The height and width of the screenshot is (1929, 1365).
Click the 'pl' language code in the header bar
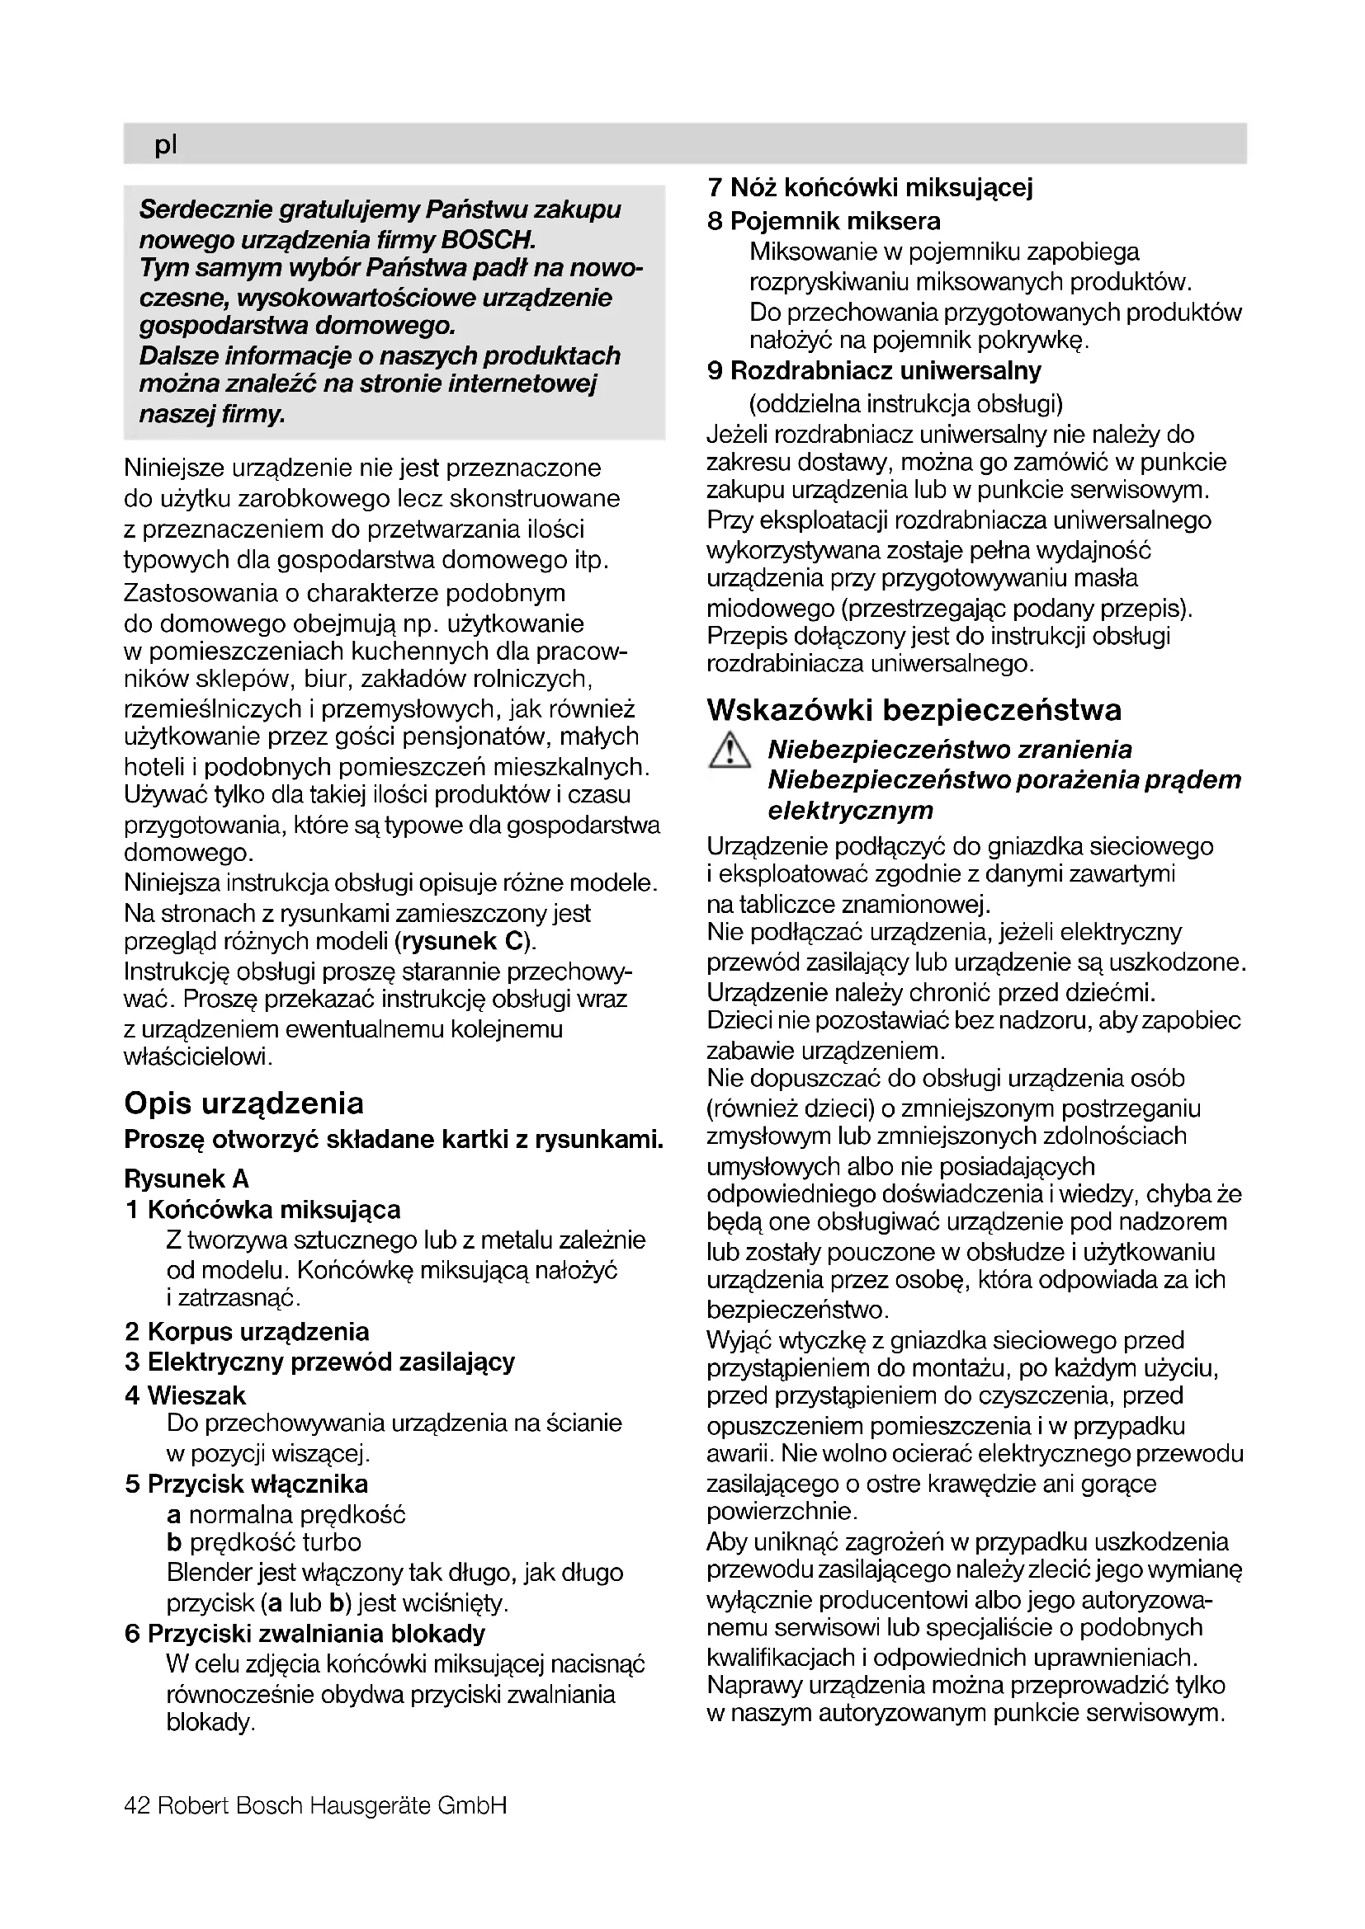pos(166,145)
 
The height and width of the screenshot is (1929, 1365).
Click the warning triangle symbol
pos(729,750)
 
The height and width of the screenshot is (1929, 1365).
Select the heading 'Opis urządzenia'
pos(243,1103)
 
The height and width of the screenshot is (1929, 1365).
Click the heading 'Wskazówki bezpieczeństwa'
pos(914,710)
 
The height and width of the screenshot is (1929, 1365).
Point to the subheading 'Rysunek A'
pos(187,1179)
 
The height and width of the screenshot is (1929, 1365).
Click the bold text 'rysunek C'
pos(463,941)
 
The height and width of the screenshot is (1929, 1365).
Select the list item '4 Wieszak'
pos(185,1395)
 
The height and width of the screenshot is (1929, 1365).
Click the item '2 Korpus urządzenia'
pos(246,1332)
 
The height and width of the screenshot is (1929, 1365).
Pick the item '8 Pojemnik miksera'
pos(824,221)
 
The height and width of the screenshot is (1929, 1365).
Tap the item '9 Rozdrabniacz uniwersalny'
pos(874,370)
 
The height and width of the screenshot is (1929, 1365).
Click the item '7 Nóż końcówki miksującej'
pos(870,186)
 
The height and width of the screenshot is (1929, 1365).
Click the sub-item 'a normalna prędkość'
pos(286,1515)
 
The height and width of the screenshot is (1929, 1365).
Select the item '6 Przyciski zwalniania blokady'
pos(305,1634)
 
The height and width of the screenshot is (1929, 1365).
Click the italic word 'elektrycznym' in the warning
pos(851,811)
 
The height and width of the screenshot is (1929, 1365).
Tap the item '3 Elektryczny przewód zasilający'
pos(319,1362)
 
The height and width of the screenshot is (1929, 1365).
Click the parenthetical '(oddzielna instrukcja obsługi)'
pos(906,404)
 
